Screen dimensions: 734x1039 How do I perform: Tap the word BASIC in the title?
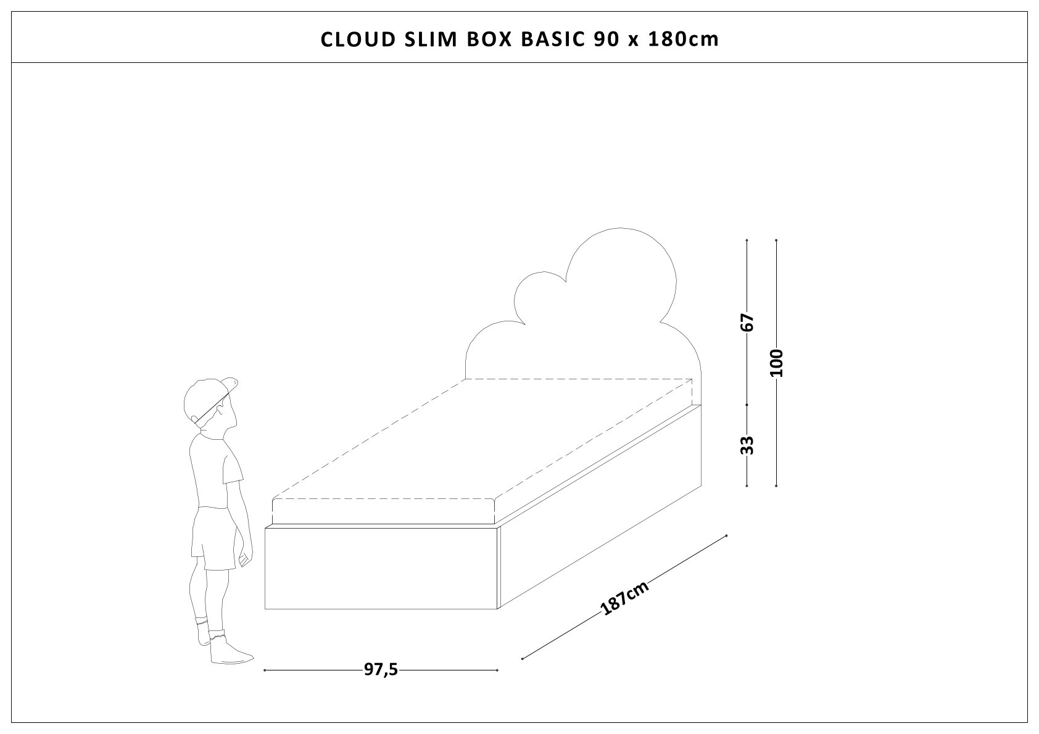[554, 39]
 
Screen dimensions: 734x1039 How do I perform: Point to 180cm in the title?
[684, 39]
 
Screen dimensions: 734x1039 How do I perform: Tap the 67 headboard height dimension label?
[747, 322]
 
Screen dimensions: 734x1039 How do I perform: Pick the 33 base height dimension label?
[747, 445]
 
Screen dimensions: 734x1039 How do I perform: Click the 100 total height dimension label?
[776, 363]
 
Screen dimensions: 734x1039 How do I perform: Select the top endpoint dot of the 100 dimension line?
[776, 240]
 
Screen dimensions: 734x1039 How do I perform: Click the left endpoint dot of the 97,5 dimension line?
[265, 670]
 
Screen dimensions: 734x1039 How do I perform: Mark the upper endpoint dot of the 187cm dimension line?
[727, 535]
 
